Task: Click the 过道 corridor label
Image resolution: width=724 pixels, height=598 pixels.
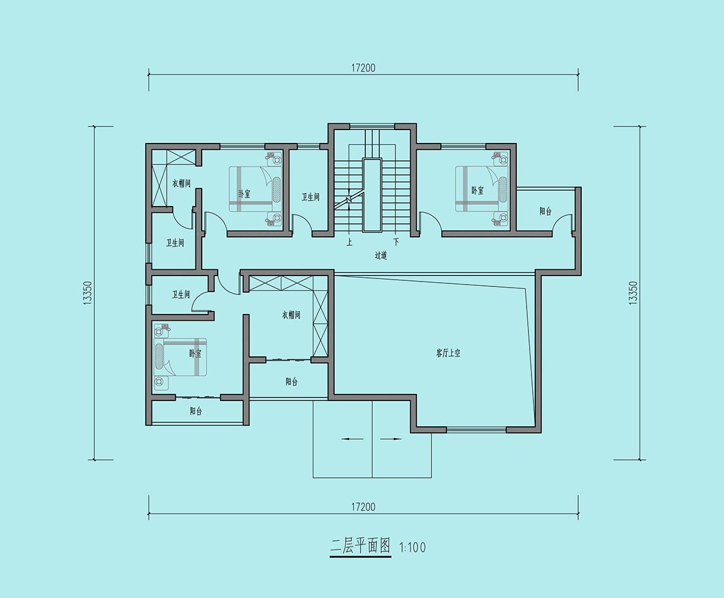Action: pos(381,256)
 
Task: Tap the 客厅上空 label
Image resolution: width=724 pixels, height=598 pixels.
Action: pos(448,353)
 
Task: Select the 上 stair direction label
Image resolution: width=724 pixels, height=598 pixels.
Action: pos(349,242)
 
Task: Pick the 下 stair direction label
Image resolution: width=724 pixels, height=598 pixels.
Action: pos(395,242)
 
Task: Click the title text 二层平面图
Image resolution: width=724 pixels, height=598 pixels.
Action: pos(360,546)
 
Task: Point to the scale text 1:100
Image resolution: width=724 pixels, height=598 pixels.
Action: pos(412,548)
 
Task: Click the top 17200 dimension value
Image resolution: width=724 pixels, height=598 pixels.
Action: pos(364,68)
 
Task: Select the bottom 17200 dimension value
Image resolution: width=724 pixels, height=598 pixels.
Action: pos(364,507)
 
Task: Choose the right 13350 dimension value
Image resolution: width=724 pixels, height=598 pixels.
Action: pos(633,293)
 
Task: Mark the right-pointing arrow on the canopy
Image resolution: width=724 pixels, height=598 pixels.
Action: pos(391,439)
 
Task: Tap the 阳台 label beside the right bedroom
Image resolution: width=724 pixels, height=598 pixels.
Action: pos(546,212)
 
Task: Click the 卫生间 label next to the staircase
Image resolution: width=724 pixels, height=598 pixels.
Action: pos(311,197)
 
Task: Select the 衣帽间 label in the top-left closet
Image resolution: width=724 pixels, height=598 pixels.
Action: pos(181,183)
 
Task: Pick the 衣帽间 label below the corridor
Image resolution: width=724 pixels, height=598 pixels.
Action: pos(291,315)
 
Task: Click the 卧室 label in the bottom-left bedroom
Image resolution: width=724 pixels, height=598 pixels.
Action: pos(196,354)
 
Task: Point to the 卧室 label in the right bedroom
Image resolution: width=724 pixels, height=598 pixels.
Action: pos(478,190)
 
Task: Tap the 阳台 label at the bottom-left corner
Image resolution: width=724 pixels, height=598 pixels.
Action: pos(196,411)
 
